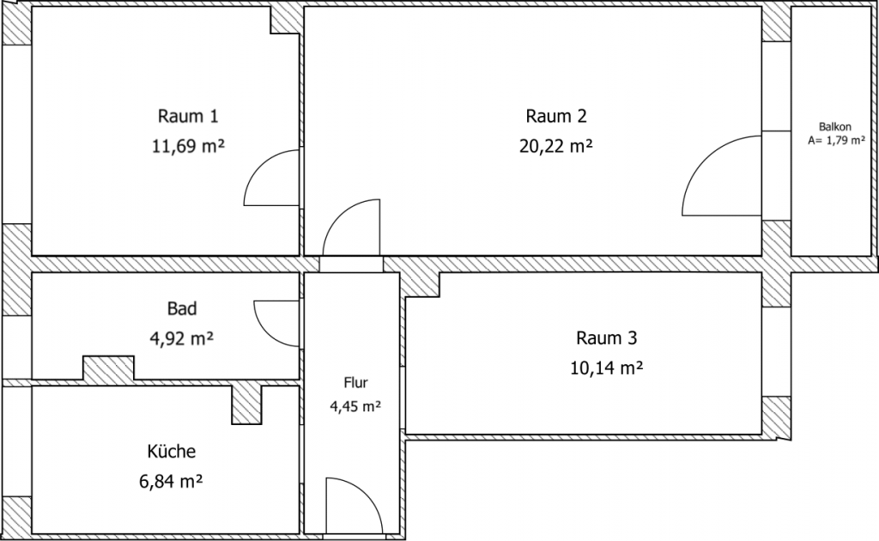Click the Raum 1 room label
(x=182, y=116)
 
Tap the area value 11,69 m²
(x=187, y=145)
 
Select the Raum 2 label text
(x=556, y=116)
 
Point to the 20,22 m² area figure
(x=556, y=145)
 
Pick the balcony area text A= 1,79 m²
(x=835, y=140)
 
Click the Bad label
(x=182, y=308)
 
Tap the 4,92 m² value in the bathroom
(x=181, y=337)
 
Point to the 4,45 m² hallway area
(x=355, y=407)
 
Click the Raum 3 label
(x=607, y=337)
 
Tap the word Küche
(x=171, y=451)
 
